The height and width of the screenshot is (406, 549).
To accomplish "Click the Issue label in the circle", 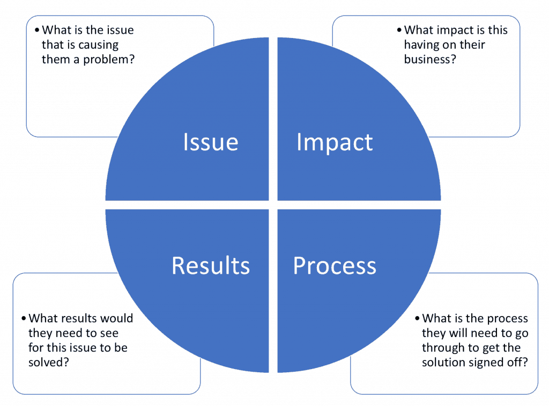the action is click(211, 142).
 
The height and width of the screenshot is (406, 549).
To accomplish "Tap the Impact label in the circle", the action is click(335, 142).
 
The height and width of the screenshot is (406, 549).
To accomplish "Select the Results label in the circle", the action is click(211, 266).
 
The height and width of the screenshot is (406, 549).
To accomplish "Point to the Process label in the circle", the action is click(335, 266).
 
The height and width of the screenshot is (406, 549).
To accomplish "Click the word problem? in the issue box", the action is click(108, 60).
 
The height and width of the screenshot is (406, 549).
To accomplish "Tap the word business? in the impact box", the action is click(430, 59).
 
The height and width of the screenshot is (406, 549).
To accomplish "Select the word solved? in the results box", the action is click(49, 362).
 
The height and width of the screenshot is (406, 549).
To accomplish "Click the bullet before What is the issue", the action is click(37, 30).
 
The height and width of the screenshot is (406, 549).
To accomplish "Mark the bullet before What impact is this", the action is click(399, 30).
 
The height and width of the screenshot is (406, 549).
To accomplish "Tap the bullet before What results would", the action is click(24, 318).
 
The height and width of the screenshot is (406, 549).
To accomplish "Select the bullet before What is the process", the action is click(417, 318).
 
